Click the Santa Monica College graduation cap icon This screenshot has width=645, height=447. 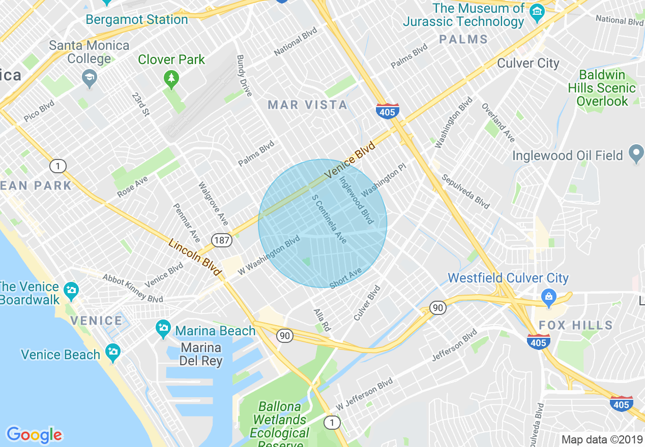pos(90,78)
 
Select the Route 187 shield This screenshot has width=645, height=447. pos(222,240)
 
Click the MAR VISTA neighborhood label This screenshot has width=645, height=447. pos(308,105)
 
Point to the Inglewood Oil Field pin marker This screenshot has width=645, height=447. pos(636,154)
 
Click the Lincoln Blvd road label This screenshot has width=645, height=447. pos(196,258)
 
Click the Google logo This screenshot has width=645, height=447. pos(34,435)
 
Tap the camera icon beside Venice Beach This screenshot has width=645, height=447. pos(112,351)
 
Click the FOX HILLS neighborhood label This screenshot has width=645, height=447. pos(575,325)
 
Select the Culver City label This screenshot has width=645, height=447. pos(528,63)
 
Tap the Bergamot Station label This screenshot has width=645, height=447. pos(137,20)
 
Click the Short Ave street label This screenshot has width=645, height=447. pos(345,278)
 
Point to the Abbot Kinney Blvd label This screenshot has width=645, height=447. pos(133,288)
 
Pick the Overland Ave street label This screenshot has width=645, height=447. pos(499,123)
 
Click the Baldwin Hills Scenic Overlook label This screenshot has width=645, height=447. pos(602,88)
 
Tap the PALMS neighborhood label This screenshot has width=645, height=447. pos(463,39)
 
